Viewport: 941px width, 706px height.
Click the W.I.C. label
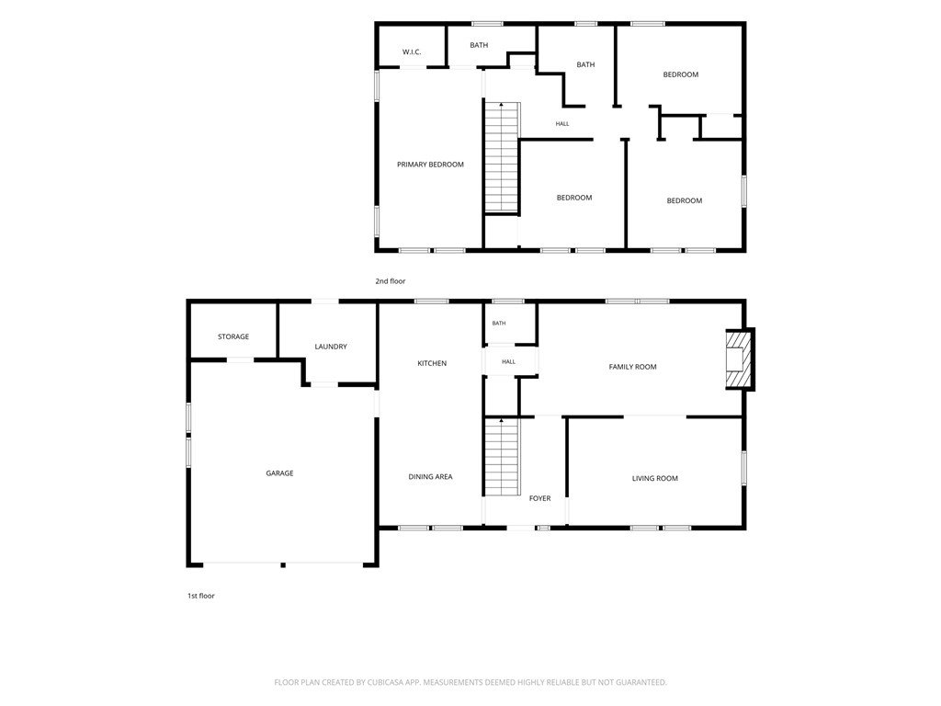tap(412, 52)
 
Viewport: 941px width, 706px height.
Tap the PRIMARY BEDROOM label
tap(430, 165)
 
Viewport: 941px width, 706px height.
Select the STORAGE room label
tap(233, 336)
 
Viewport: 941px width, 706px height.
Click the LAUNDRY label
tap(331, 347)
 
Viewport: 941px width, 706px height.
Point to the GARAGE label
tap(279, 473)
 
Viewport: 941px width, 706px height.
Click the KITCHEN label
tap(432, 363)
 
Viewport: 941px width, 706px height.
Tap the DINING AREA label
tap(430, 477)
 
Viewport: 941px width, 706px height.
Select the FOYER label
tap(540, 498)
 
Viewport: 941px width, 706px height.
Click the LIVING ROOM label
tap(654, 478)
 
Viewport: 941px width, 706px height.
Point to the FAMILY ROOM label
tap(632, 367)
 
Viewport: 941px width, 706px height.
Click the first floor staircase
tap(502, 457)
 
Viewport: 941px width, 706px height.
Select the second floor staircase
tap(502, 158)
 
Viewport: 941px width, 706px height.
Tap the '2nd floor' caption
tap(391, 281)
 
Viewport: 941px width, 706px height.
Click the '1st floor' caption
tap(201, 596)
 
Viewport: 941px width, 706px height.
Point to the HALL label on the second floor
tap(562, 124)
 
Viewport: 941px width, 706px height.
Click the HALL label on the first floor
tap(508, 361)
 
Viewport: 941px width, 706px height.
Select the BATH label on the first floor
tap(499, 323)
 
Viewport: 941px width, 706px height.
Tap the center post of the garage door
tap(283, 564)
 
